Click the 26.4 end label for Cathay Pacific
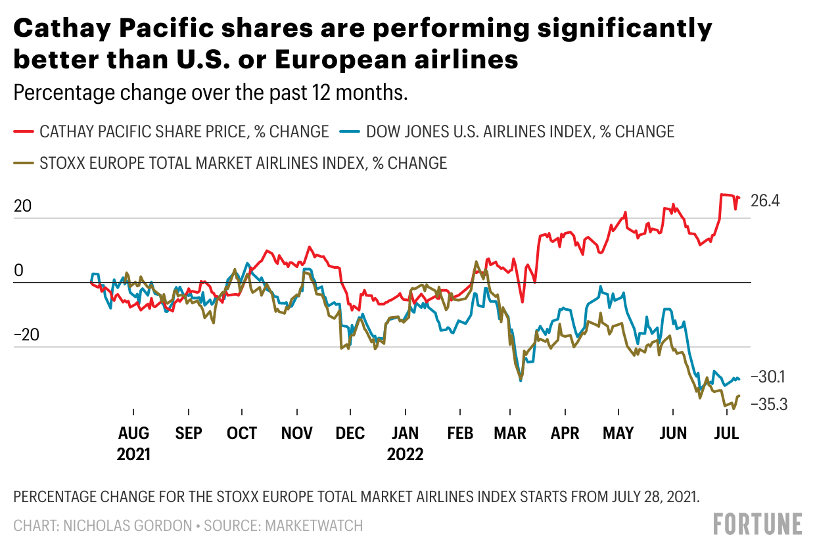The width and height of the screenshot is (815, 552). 765,201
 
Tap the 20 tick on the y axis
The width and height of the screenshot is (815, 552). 23,206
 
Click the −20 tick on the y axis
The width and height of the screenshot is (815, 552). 27,334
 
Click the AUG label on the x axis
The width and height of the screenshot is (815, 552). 133,434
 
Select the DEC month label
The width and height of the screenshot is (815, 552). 350,434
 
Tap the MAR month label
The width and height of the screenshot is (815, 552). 510,434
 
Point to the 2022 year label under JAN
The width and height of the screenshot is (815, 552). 405,455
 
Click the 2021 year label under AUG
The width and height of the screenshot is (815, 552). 133,455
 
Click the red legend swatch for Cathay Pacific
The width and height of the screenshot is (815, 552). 24,131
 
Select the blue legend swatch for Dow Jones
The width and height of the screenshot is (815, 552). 350,131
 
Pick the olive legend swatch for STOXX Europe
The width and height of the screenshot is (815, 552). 24,163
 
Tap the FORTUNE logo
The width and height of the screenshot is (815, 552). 758,524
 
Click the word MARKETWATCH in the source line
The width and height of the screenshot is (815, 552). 314,526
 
